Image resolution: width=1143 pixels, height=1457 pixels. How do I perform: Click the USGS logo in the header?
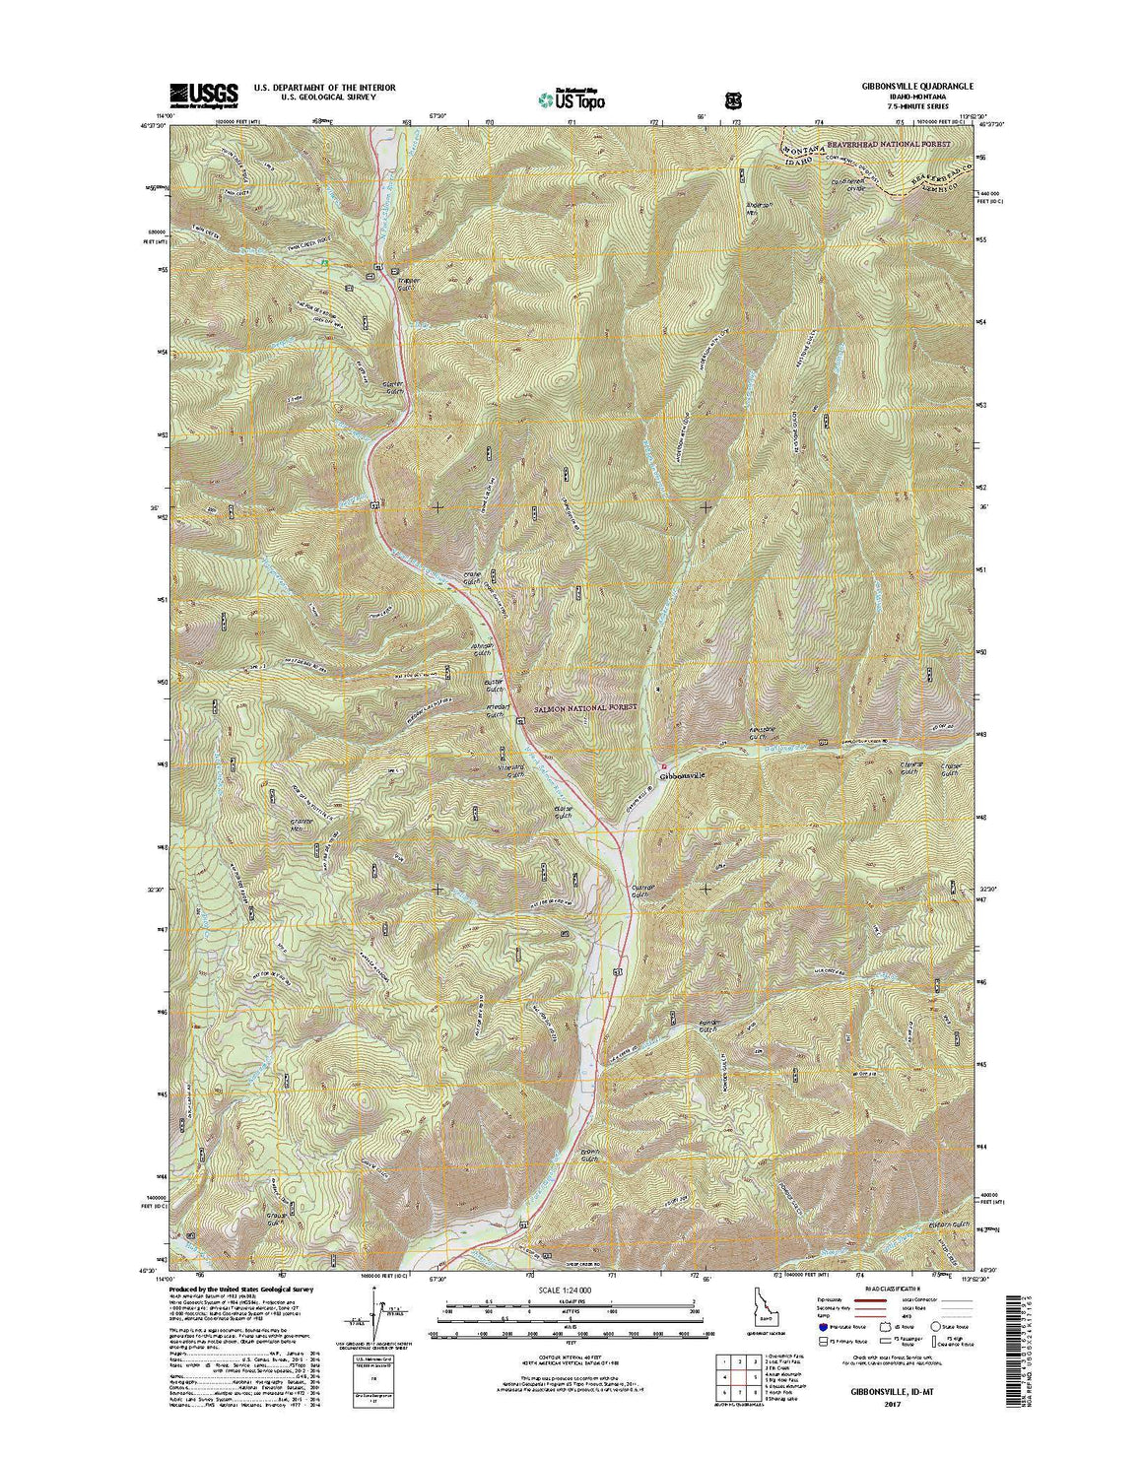(x=204, y=95)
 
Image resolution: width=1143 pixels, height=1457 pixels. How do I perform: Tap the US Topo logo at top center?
(x=571, y=98)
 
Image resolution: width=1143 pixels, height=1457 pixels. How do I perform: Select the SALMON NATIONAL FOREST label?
(x=586, y=707)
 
